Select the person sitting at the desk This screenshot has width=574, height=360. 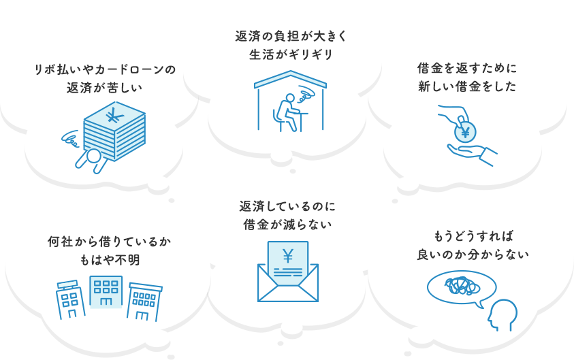(x=286, y=110)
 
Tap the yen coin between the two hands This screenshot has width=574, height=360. (x=465, y=131)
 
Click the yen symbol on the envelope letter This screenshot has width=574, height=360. (x=287, y=257)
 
